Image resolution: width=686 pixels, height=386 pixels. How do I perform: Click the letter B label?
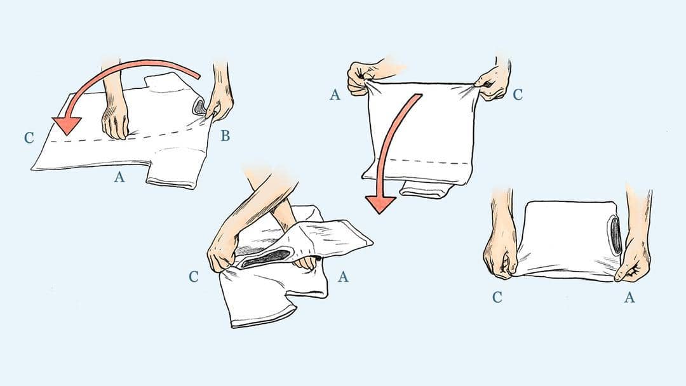tap(225, 136)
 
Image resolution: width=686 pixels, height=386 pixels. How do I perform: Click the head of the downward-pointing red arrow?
tap(380, 204)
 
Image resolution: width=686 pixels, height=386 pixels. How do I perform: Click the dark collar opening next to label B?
tap(199, 107)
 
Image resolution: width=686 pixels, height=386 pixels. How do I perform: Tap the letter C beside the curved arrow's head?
tap(29, 138)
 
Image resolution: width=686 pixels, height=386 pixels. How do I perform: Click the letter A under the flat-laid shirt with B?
tap(119, 177)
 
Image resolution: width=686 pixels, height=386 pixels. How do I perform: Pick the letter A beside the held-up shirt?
tap(335, 95)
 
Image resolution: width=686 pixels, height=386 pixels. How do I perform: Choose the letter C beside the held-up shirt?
tap(518, 95)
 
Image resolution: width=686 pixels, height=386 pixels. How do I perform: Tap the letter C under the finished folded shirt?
tap(497, 297)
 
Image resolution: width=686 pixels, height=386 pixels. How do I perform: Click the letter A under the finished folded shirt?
tap(629, 297)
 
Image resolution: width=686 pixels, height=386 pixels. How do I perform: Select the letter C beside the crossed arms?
tap(194, 277)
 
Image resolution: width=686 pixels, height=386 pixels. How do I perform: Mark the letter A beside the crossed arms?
tap(343, 277)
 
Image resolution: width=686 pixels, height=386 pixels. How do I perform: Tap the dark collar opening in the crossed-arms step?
tap(267, 258)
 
